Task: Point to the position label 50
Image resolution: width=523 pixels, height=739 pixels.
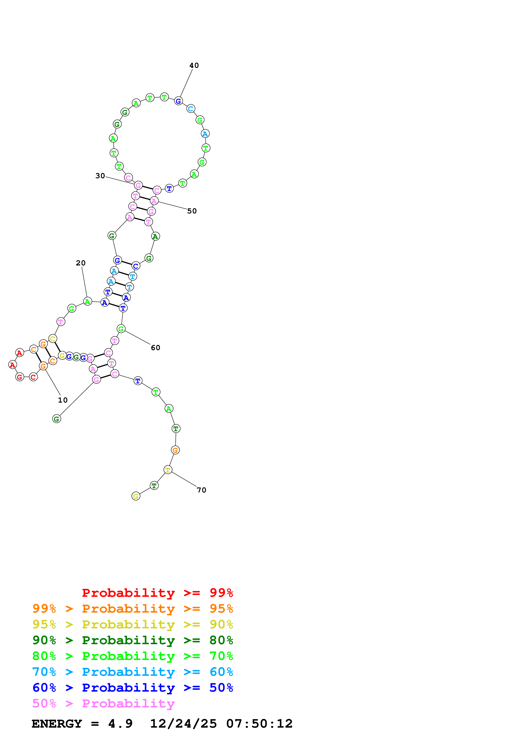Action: (x=192, y=211)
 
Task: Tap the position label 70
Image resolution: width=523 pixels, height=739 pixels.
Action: (x=201, y=490)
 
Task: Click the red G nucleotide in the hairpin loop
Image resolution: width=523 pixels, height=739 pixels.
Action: (x=20, y=377)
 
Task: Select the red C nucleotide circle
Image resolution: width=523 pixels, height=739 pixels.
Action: (x=33, y=377)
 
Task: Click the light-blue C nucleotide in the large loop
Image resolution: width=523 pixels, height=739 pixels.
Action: (x=191, y=109)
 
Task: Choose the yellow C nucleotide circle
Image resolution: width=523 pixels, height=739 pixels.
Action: (x=53, y=339)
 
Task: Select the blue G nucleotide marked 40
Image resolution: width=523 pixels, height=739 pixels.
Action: (x=178, y=101)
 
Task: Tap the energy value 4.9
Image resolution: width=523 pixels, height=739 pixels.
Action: (x=120, y=724)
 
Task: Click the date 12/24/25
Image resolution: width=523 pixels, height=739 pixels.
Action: (x=183, y=724)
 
